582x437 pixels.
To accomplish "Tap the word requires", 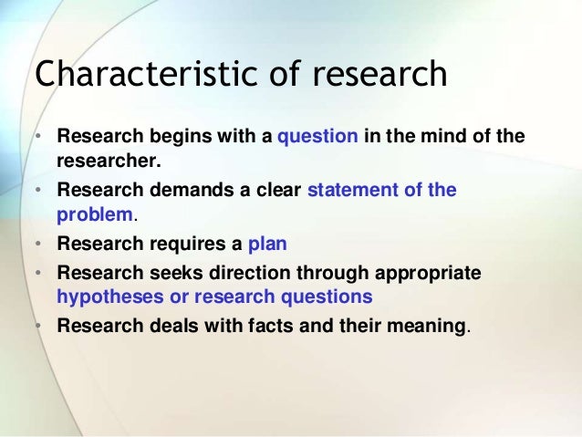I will [x=184, y=245].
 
